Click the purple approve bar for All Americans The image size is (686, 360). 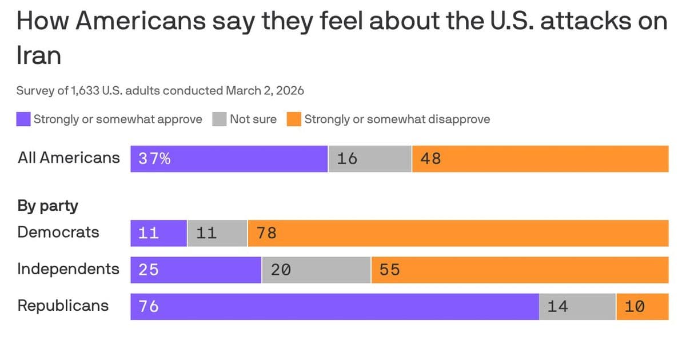coord(229,158)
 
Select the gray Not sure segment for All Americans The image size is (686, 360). coord(370,158)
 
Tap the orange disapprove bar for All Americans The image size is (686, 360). coord(540,158)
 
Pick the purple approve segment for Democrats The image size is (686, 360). coord(158,233)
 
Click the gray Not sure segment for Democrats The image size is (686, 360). coord(217,233)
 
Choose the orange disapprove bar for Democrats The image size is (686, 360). coord(458,233)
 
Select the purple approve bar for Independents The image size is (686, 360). coord(196,270)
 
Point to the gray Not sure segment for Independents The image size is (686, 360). coord(316,270)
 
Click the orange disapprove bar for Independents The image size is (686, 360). coord(520,270)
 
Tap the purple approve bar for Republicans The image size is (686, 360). coord(334,306)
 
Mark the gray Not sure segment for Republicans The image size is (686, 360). coord(577,306)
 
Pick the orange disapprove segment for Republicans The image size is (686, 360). coord(642,306)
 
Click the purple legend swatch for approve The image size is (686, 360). coord(23,119)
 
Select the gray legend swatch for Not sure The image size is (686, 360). coord(220,119)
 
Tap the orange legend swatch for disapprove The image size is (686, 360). coord(294,119)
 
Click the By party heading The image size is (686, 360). coord(47,206)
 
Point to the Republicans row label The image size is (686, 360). coord(63,306)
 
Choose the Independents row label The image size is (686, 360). coord(68,269)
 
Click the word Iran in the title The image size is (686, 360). coord(39,56)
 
